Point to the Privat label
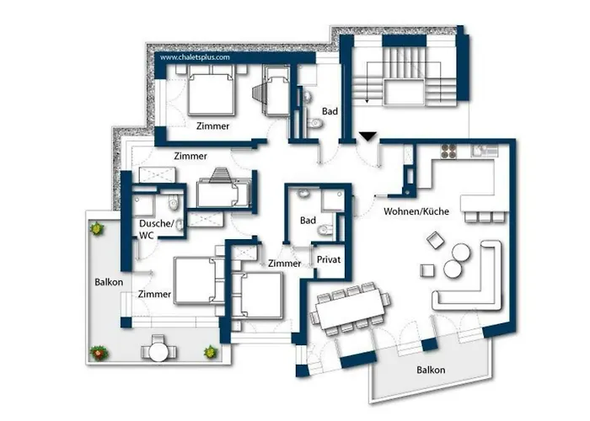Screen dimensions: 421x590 coord(329,260)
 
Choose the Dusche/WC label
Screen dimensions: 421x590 coord(156,229)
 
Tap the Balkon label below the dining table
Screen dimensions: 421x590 coord(430,370)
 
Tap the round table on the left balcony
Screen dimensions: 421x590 coord(158,347)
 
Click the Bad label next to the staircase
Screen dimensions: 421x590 coord(330,110)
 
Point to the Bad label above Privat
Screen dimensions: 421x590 coord(308,221)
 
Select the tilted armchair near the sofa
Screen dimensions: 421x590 coord(436,241)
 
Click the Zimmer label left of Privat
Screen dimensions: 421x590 coord(285,264)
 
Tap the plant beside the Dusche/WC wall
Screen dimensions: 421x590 coord(98,227)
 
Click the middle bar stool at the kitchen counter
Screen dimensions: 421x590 coord(484,217)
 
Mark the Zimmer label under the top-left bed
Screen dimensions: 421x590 coord(213,125)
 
